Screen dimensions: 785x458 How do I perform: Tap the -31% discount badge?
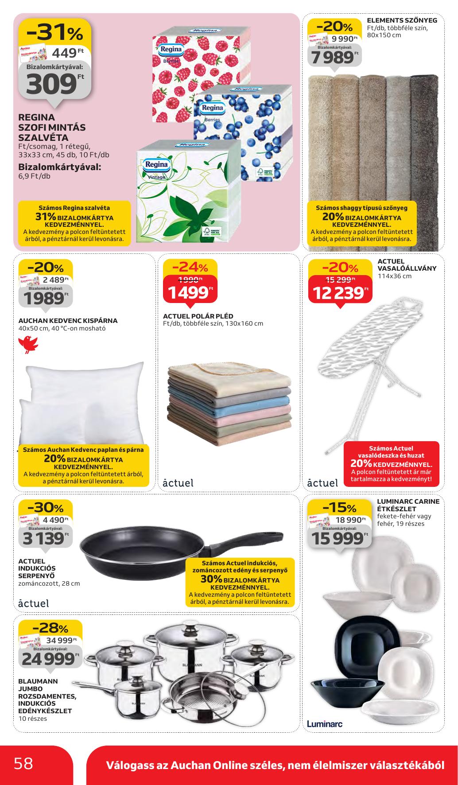pyautogui.click(x=54, y=32)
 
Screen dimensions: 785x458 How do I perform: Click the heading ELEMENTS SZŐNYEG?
pyautogui.click(x=402, y=20)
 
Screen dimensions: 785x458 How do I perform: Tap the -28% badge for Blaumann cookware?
pyautogui.click(x=50, y=628)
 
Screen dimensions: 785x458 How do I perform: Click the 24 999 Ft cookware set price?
pyautogui.click(x=48, y=659)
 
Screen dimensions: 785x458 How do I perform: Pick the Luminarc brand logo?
pyautogui.click(x=324, y=723)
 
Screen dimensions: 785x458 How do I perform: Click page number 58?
pyautogui.click(x=23, y=763)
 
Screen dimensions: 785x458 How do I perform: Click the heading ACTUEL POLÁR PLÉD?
pyautogui.click(x=198, y=316)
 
